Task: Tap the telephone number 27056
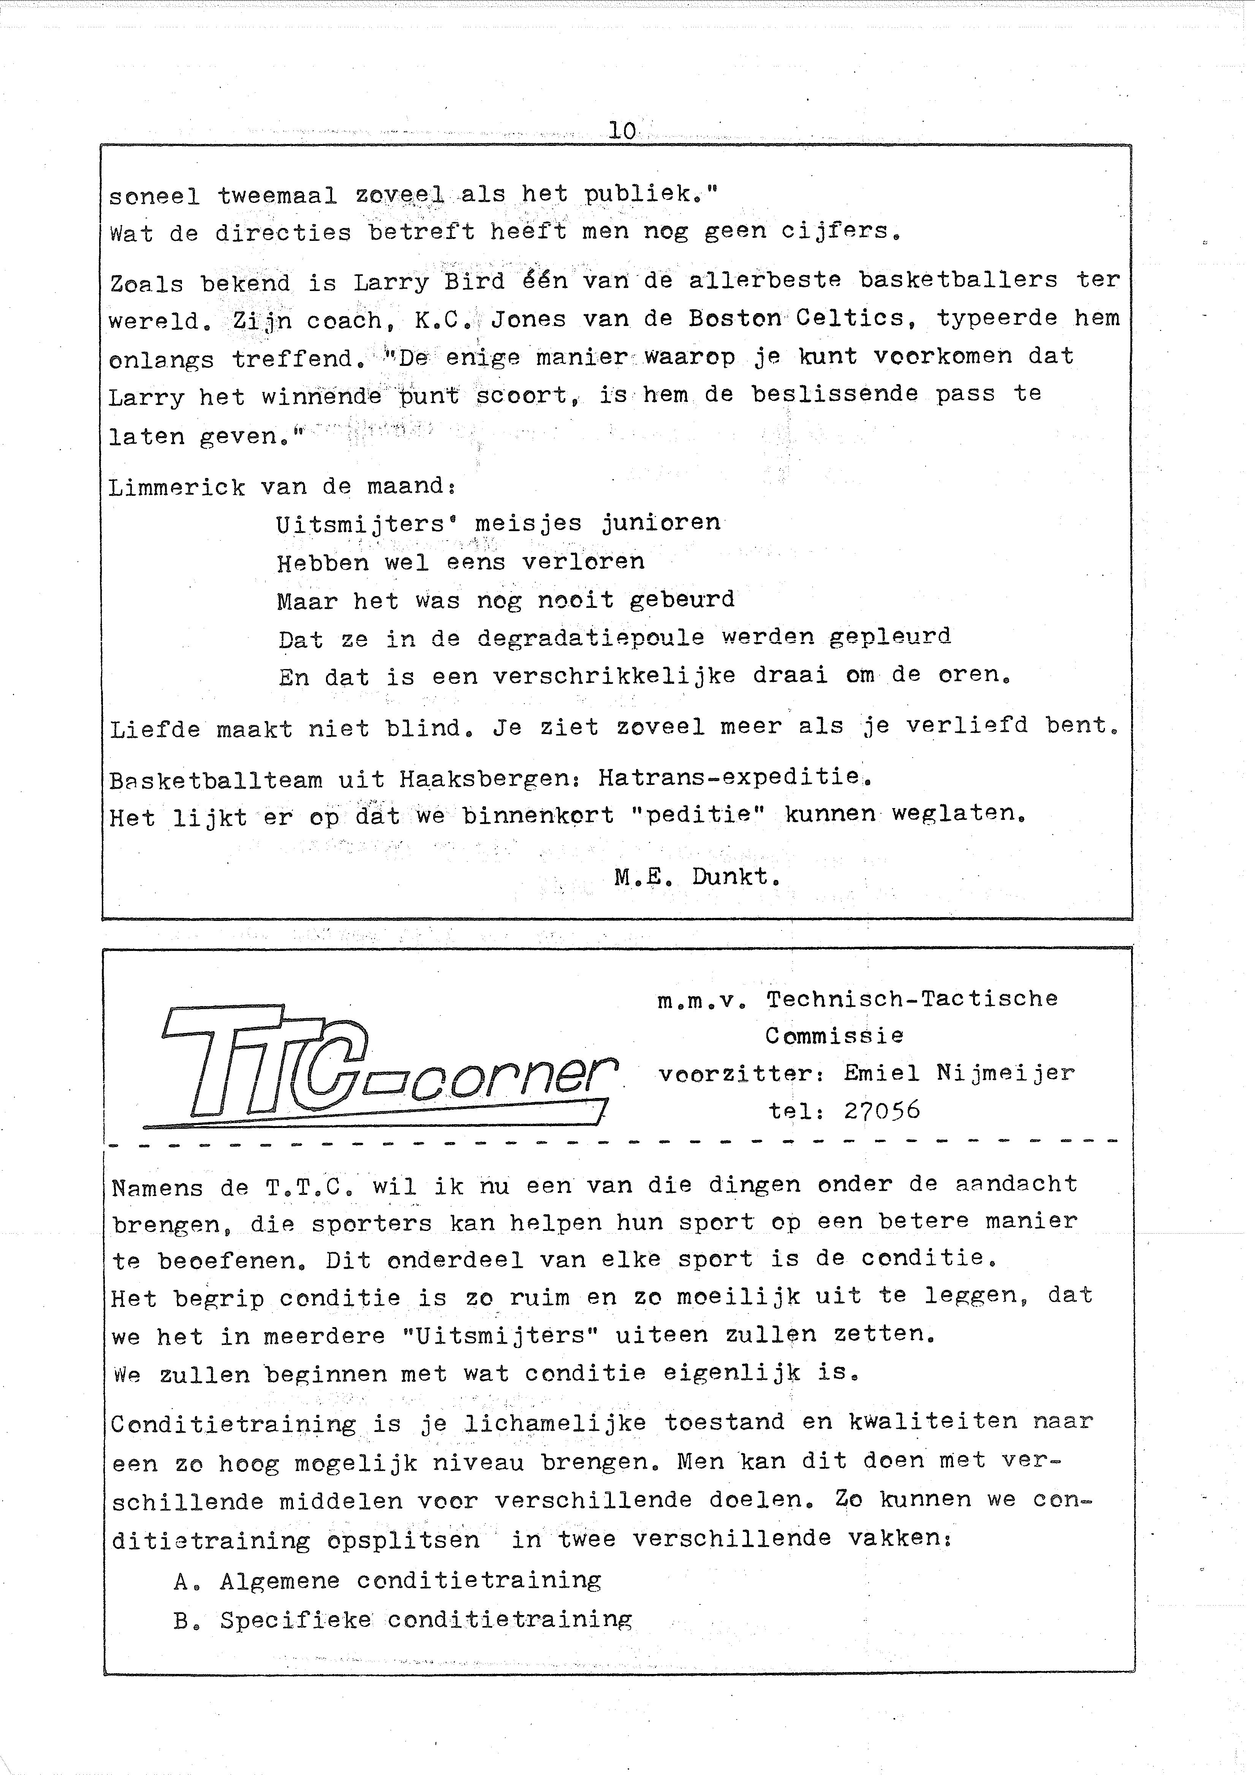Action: click(882, 1111)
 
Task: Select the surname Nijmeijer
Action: click(1005, 1073)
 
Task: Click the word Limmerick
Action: click(177, 488)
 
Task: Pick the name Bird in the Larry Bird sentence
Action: click(474, 282)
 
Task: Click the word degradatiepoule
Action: click(591, 638)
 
